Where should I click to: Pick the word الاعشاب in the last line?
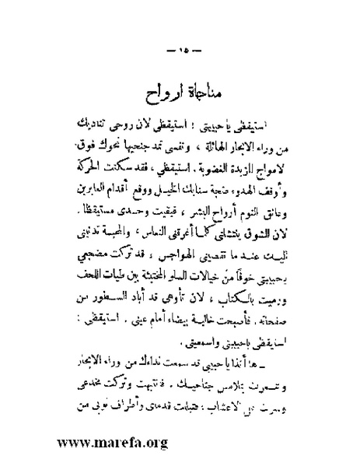click(x=135, y=397)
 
